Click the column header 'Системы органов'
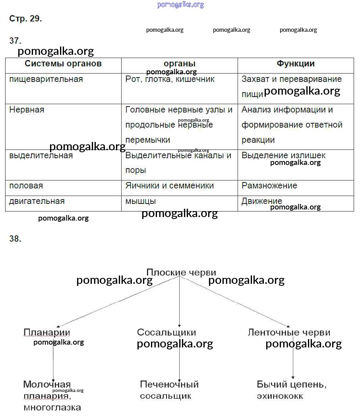(63, 64)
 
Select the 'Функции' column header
(296, 64)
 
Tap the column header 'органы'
(180, 64)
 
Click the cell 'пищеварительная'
(46, 79)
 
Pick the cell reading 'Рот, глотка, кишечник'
(170, 79)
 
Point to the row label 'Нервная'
(27, 110)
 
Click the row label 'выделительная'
(41, 155)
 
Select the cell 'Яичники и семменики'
(170, 186)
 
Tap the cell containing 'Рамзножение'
(269, 186)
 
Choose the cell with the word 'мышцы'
(141, 201)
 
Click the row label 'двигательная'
(37, 201)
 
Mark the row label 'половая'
(26, 186)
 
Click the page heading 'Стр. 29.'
(25, 19)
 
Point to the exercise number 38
(15, 239)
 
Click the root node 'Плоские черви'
(181, 272)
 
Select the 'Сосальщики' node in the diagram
(166, 332)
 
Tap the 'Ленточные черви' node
(289, 332)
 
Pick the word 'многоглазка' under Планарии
(52, 407)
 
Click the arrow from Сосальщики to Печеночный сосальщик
(180, 362)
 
